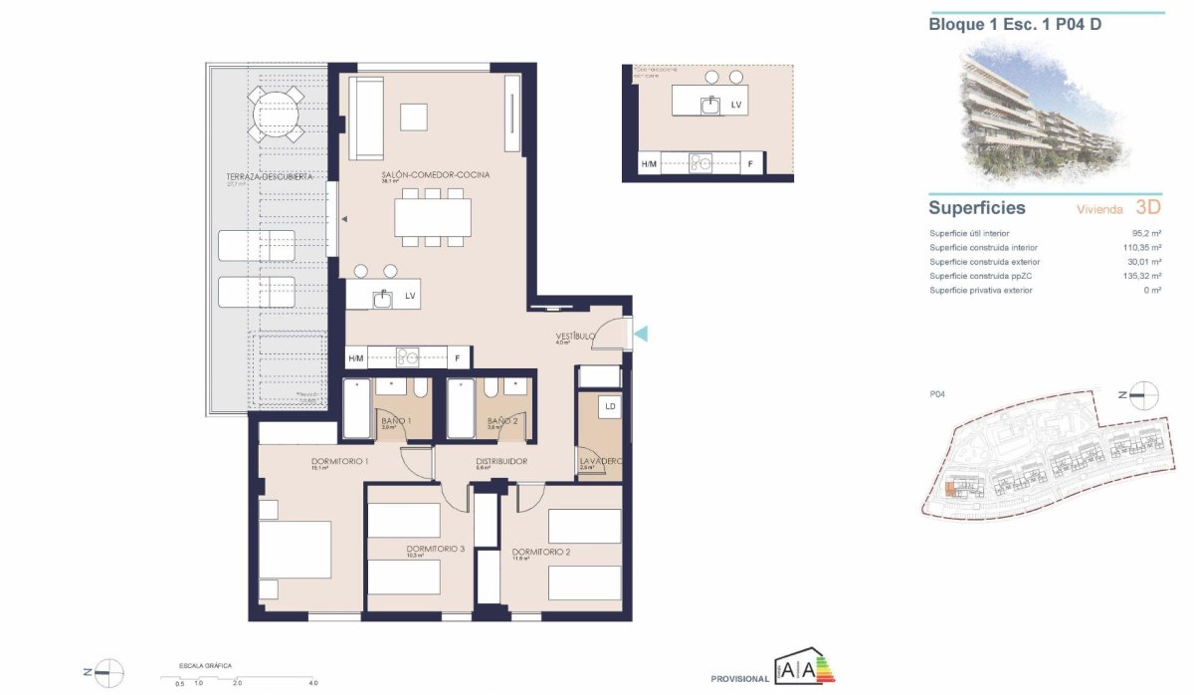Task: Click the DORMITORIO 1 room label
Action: (x=340, y=462)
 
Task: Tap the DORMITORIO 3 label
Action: (x=436, y=549)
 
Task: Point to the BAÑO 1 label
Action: (x=396, y=421)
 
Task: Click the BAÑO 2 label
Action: (x=502, y=421)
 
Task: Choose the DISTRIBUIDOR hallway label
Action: (x=500, y=462)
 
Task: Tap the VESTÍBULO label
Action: (x=575, y=337)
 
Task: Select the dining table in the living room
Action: (x=433, y=217)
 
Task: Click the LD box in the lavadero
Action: (x=609, y=407)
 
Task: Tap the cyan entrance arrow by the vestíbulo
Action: (x=641, y=334)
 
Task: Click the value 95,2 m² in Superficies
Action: (x=1148, y=233)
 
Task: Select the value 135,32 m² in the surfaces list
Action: (x=1142, y=276)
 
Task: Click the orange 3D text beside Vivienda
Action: (x=1149, y=208)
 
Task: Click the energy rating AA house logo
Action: (x=804, y=668)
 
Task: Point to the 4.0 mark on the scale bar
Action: (x=312, y=683)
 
